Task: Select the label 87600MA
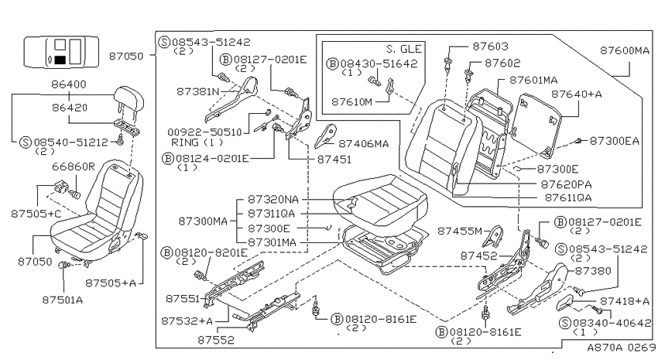[625, 50]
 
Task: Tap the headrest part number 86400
[69, 84]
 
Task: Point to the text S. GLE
[403, 49]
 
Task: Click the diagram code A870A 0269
[621, 348]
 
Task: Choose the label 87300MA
[203, 221]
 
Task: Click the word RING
[185, 142]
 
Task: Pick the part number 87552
[216, 339]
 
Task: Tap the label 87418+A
[625, 301]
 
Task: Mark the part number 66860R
[74, 166]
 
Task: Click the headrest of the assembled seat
[129, 98]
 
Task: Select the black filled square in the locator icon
[60, 60]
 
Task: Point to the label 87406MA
[363, 144]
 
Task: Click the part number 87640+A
[576, 94]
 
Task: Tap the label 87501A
[63, 300]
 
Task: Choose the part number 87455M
[460, 231]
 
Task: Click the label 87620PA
[566, 184]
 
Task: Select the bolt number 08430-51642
[379, 63]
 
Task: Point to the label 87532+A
[187, 321]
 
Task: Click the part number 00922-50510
[205, 132]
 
